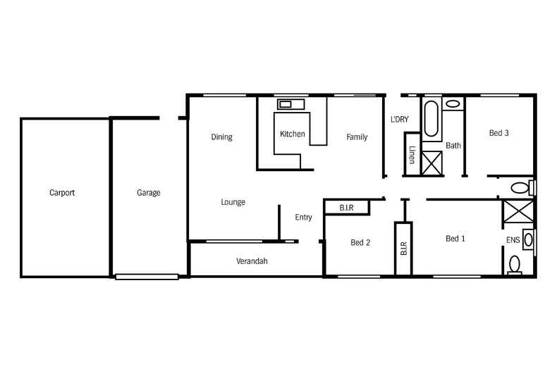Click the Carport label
point(62,192)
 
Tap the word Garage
point(148,192)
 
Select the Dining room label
point(221,137)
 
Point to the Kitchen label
point(292,134)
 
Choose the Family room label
point(357,137)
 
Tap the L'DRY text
point(400,120)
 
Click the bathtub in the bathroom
point(431,118)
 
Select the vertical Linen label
point(412,155)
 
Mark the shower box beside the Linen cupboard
point(431,161)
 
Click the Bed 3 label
point(498,132)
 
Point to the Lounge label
point(233,202)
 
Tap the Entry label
point(303,218)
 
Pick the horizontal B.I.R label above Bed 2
point(346,208)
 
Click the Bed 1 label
point(455,239)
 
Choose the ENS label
point(513,241)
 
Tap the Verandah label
point(252,261)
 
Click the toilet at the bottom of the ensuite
point(515,265)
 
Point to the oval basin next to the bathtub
point(453,104)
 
